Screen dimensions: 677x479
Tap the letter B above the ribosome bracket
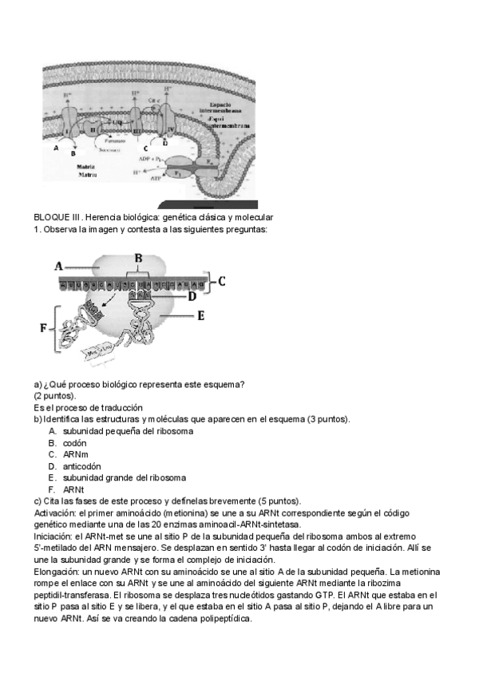pos(138,258)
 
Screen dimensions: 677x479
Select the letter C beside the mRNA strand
pos(222,280)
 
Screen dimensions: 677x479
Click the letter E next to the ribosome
pos(224,315)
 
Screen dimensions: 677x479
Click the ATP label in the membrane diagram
pos(156,180)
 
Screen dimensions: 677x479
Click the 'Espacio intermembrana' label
pos(232,108)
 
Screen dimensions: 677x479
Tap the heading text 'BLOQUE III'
pos(53,218)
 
